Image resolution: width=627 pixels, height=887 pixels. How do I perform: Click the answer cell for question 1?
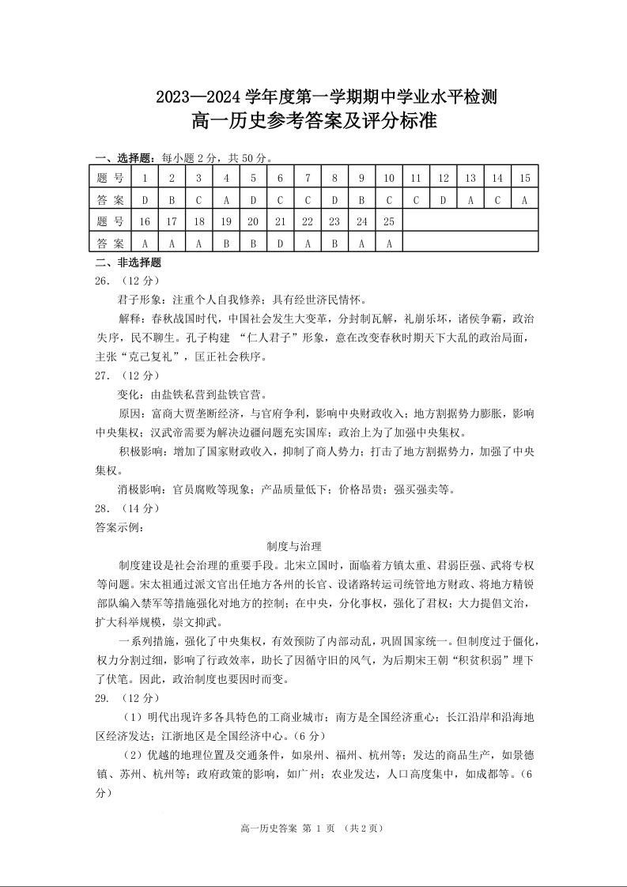tap(145, 200)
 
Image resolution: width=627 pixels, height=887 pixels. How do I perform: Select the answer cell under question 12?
tap(443, 200)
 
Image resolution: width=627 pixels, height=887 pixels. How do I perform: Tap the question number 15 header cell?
tap(524, 178)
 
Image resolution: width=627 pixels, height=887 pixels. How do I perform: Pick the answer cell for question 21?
tap(280, 243)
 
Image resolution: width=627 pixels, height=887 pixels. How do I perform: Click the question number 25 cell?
tap(388, 222)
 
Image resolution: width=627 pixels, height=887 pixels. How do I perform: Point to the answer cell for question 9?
tap(361, 200)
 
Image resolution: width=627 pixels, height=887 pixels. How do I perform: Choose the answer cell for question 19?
tap(226, 243)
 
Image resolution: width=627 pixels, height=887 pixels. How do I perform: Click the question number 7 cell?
tap(308, 178)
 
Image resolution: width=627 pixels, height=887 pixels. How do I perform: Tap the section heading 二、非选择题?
tap(128, 263)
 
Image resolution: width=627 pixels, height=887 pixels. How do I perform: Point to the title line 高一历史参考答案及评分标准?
tap(314, 123)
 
